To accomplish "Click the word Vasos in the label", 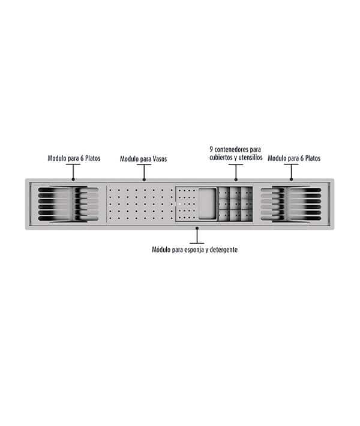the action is pos(160,159).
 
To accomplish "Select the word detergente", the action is pos(224,250).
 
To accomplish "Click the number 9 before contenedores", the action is pos(211,149).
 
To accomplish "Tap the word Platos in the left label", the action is pos(92,158).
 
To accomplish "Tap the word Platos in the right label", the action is pos(313,158).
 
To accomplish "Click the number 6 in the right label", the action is pos(302,158).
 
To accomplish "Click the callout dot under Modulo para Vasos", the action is pos(144,179).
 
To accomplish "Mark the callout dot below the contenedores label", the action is pos(236,179).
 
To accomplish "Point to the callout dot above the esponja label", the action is pos(197,228).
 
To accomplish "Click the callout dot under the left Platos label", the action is pos(73,179).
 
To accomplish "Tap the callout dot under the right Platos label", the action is pos(291,179).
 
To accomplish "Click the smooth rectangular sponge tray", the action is pos(208,203).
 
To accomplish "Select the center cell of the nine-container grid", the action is pos(236,204).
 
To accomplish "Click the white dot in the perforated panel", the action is pos(179,203).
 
